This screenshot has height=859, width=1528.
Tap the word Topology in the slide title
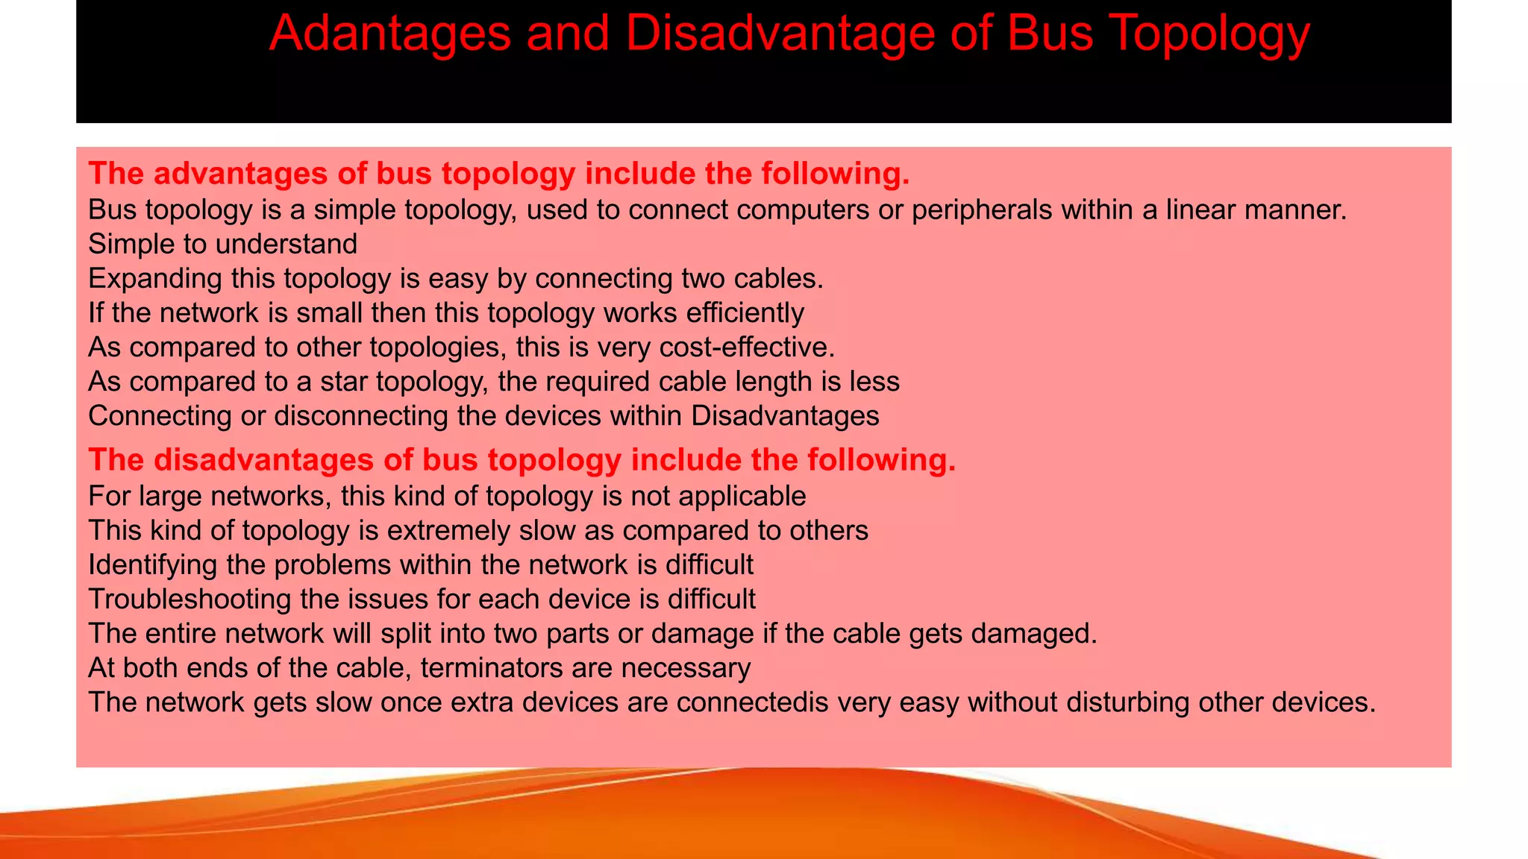pyautogui.click(x=1209, y=34)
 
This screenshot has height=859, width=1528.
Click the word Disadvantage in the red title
pyautogui.click(x=779, y=34)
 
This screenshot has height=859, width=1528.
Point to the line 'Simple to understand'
pyautogui.click(x=222, y=244)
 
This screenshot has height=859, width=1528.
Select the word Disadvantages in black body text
pyautogui.click(x=785, y=415)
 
